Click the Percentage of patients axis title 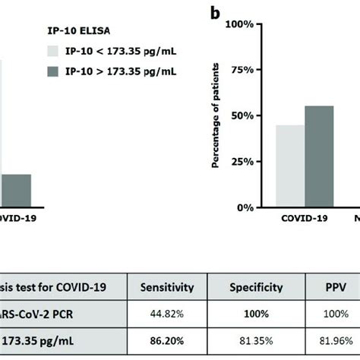pos(215,116)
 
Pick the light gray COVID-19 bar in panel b pos(290,166)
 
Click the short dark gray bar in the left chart pos(16,190)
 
